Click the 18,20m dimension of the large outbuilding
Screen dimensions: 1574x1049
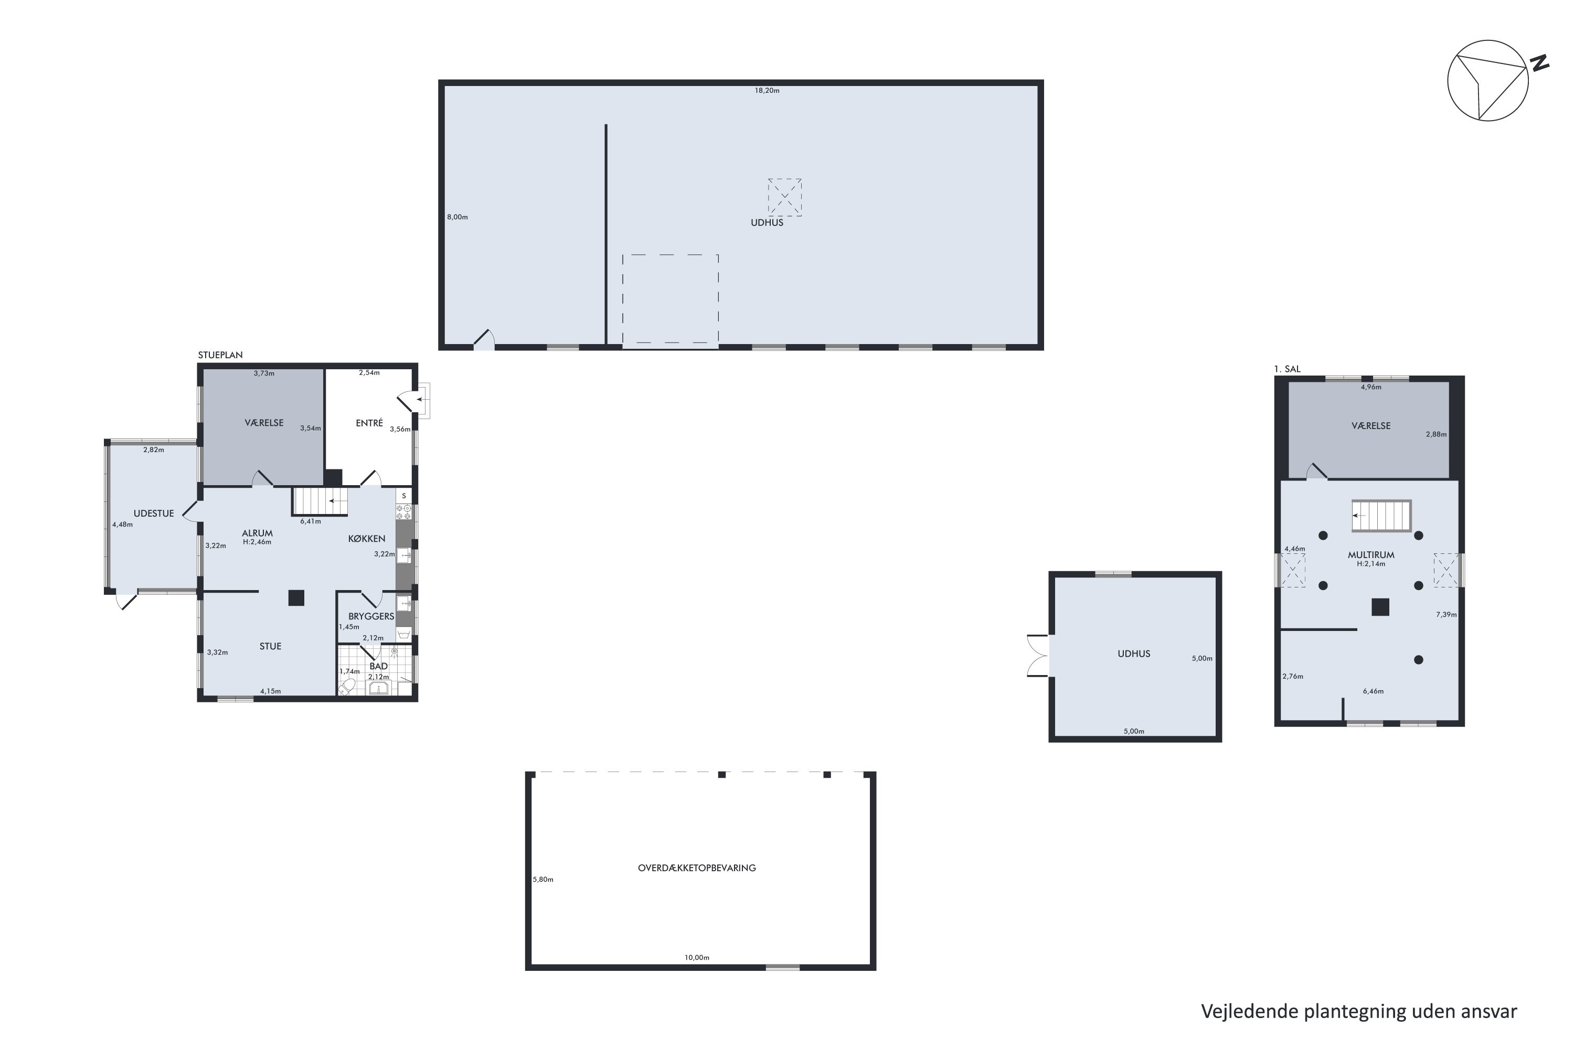coord(767,90)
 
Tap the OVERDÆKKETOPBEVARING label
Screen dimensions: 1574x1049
coord(697,868)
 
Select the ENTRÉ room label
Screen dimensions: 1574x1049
coord(369,423)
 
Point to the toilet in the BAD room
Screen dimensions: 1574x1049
coord(347,687)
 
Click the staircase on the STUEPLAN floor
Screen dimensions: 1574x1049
coord(320,501)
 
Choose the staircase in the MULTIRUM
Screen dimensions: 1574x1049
coord(1381,516)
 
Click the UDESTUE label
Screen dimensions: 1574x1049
coord(154,513)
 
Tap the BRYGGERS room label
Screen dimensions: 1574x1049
coord(371,616)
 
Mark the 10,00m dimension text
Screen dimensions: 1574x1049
coord(697,957)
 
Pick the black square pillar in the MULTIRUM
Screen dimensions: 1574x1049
coord(1380,607)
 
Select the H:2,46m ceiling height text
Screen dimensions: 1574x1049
coord(257,542)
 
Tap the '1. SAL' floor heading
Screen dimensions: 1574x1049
coord(1288,369)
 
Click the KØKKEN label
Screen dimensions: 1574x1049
coord(367,539)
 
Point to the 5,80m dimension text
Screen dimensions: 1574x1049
coord(544,879)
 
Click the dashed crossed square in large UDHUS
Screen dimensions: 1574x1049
coord(784,197)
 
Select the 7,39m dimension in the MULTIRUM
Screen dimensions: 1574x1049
coord(1446,614)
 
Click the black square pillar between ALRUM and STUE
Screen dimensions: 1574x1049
coord(296,597)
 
